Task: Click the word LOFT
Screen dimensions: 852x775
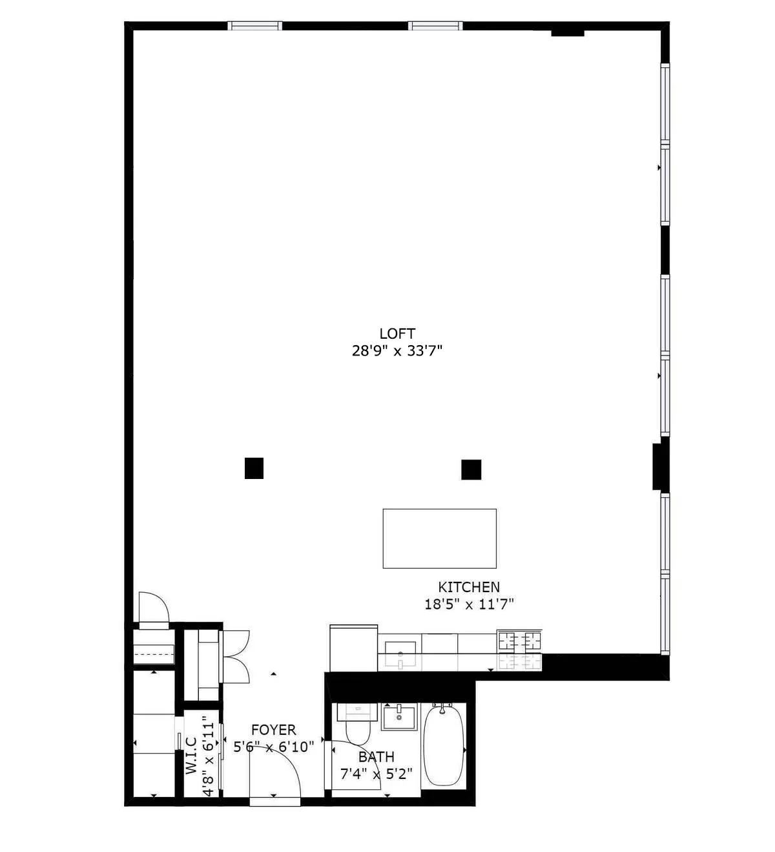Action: (397, 334)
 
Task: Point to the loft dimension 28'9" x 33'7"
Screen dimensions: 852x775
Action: (397, 351)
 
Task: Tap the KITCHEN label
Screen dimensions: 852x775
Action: (469, 587)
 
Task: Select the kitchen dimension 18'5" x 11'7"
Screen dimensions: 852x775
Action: (469, 604)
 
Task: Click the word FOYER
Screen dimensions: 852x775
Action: (273, 730)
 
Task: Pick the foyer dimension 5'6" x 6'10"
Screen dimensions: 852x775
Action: (273, 747)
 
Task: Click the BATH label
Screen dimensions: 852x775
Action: (376, 756)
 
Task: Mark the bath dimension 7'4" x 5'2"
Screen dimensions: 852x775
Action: (376, 774)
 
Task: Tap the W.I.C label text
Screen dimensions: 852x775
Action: (191, 756)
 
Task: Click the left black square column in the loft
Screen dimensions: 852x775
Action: (254, 468)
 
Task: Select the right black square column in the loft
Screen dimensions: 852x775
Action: (471, 469)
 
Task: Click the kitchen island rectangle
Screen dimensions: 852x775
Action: (439, 538)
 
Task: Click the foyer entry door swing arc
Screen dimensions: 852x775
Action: (284, 763)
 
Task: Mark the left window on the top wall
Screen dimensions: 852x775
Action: (255, 26)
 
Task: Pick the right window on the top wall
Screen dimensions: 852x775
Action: (435, 26)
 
